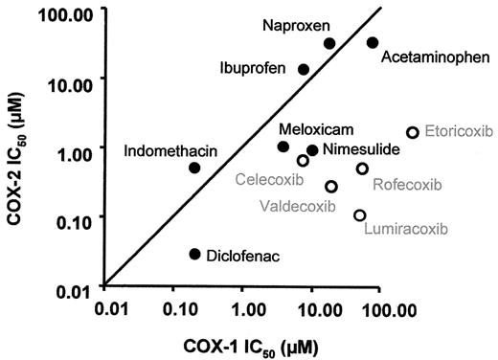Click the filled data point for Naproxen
329,43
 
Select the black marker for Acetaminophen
373,43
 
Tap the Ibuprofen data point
304,69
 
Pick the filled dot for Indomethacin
194,168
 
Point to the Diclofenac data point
194,254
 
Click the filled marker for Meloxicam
283,146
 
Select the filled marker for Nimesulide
312,150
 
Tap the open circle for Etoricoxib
413,132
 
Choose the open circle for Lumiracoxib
360,215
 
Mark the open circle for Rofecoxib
362,169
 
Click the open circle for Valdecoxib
331,187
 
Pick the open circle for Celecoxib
303,161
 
